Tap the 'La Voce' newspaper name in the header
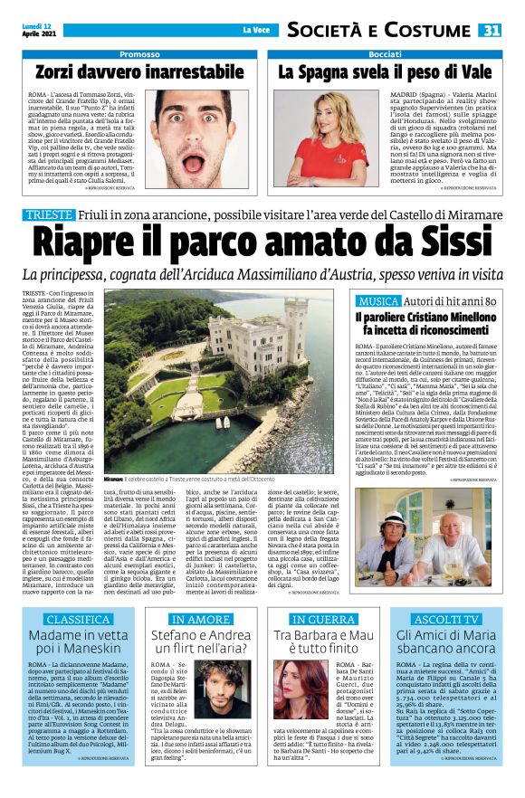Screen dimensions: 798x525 pos(256,30)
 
